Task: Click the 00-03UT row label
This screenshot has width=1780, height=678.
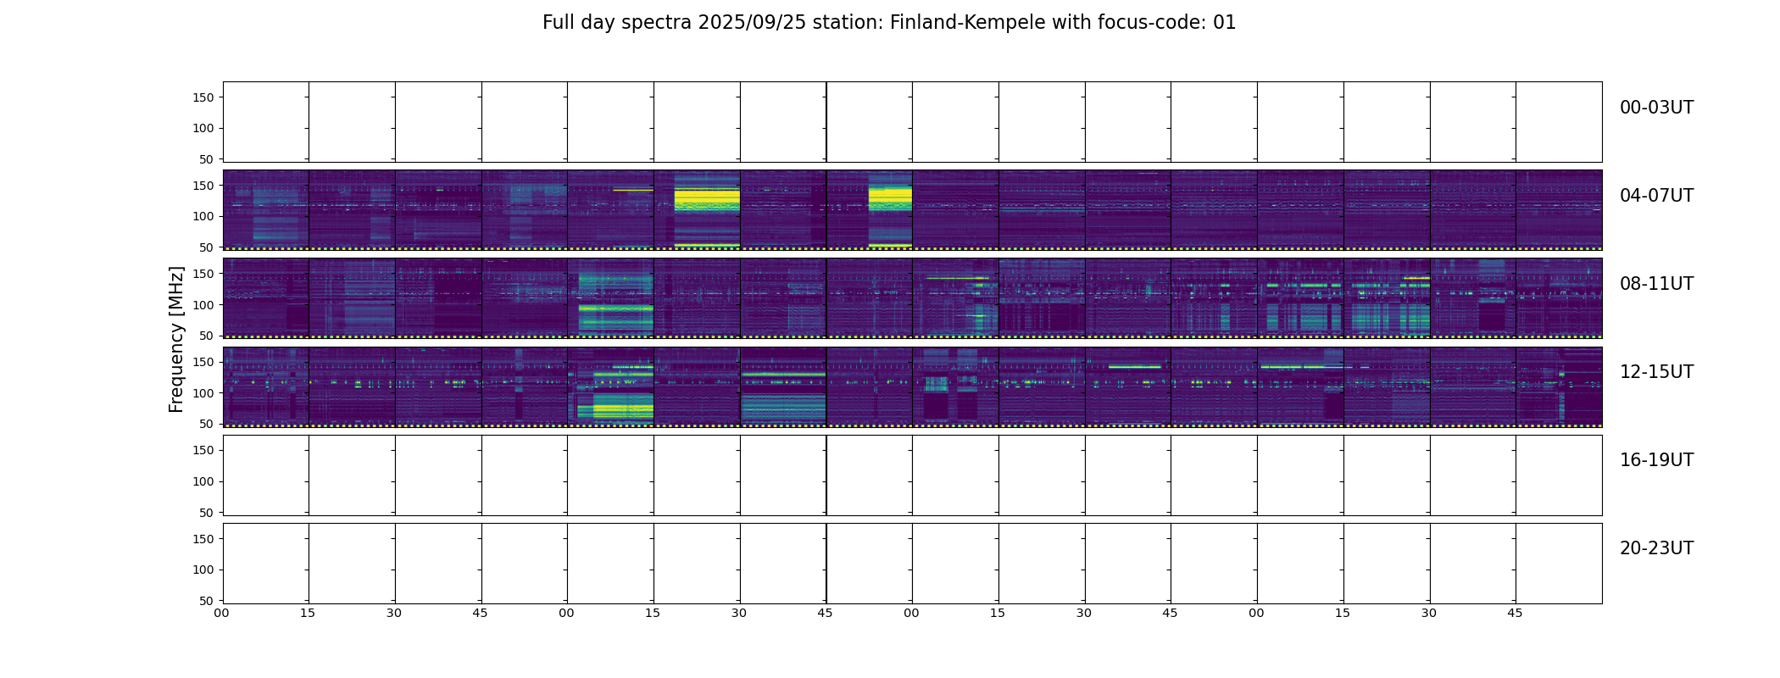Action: tap(1656, 108)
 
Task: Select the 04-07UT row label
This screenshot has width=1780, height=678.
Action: tap(1656, 196)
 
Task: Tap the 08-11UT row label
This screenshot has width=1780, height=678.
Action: tap(1656, 284)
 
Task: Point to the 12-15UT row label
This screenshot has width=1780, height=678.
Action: tap(1656, 372)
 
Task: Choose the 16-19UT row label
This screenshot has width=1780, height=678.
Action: tap(1656, 460)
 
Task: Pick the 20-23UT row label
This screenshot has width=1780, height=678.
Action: tap(1656, 548)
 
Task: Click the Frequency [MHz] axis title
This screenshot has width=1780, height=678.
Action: tap(176, 339)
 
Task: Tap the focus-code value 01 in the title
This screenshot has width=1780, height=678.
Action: tap(1225, 23)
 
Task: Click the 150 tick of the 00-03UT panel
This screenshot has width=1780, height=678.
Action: tap(203, 97)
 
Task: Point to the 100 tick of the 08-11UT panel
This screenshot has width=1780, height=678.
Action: tap(203, 305)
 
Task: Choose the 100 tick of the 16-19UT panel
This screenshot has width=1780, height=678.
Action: tap(203, 481)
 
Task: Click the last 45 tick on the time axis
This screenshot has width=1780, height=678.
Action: tap(1515, 613)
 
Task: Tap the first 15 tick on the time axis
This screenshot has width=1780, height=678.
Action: tap(308, 613)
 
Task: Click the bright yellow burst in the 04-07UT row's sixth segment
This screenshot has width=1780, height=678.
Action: tap(707, 200)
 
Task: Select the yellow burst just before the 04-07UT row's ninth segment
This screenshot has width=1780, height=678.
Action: tap(890, 200)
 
